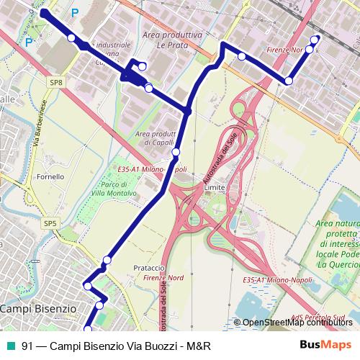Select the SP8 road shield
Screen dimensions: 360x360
click(x=57, y=84)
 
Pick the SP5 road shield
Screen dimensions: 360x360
click(x=50, y=224)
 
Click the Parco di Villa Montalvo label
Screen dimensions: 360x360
click(x=117, y=189)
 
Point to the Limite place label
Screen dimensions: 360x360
click(x=215, y=186)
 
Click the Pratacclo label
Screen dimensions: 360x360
click(x=150, y=268)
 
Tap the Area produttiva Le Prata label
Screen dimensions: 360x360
click(x=172, y=39)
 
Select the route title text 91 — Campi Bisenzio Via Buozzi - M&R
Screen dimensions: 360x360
click(x=116, y=346)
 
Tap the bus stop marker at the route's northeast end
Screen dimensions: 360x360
click(x=314, y=40)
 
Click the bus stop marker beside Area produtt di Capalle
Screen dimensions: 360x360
click(x=176, y=152)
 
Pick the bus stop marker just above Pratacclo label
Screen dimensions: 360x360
click(x=108, y=260)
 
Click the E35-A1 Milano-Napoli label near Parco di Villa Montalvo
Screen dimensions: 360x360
click(x=152, y=168)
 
